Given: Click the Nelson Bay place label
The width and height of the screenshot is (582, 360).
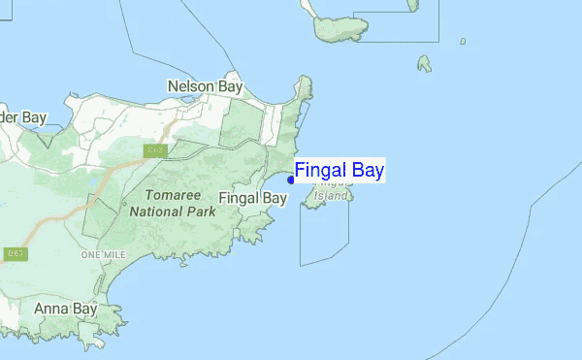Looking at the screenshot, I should pyautogui.click(x=205, y=86).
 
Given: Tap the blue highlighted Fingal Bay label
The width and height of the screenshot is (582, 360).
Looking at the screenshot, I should pyautogui.click(x=339, y=171).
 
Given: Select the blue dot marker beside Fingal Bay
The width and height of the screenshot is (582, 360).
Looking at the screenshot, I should pyautogui.click(x=291, y=180).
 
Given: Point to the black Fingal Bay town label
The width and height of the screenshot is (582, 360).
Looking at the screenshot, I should pyautogui.click(x=253, y=198).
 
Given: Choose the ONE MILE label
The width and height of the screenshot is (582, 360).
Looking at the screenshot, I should pyautogui.click(x=104, y=254).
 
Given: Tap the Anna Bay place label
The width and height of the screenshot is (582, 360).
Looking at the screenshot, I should pyautogui.click(x=65, y=310).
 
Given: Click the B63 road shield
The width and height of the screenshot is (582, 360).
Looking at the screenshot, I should pyautogui.click(x=15, y=254).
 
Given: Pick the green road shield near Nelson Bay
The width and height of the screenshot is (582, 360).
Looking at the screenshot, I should pyautogui.click(x=154, y=151).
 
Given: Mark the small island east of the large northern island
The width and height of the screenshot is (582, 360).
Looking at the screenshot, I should pyautogui.click(x=424, y=64).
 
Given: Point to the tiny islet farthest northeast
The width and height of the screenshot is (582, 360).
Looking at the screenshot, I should pyautogui.click(x=463, y=41).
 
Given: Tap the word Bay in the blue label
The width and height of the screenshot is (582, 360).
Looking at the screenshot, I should pyautogui.click(x=366, y=171).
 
